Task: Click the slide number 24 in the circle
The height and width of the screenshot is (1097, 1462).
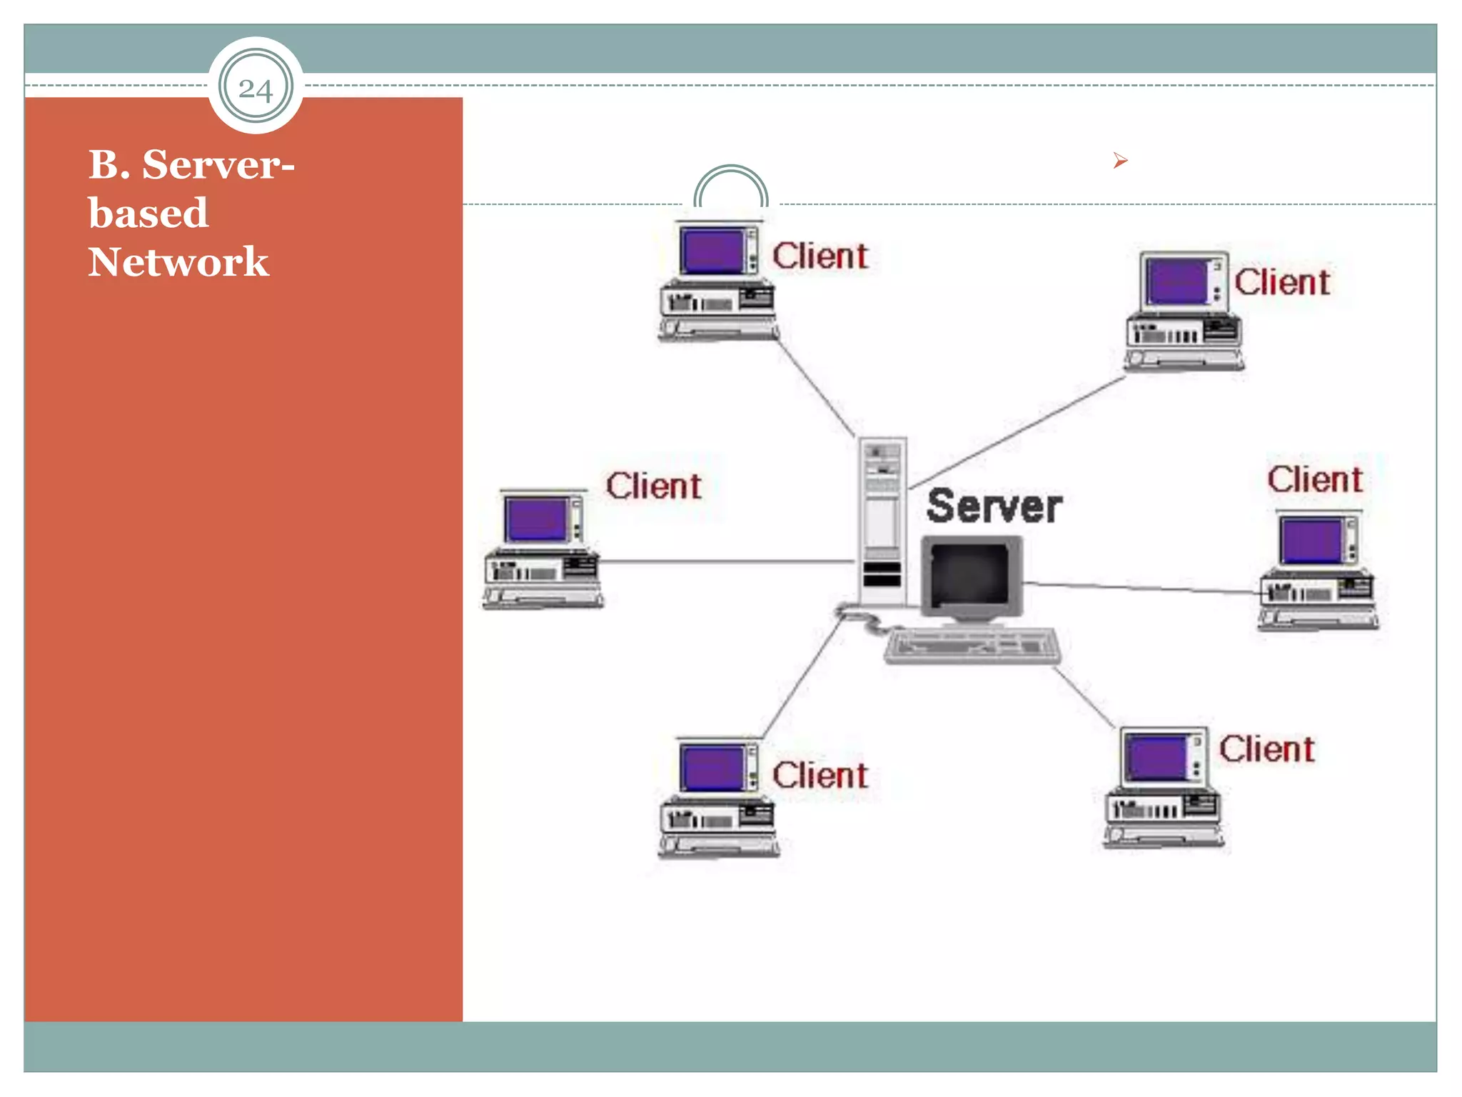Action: coord(256,89)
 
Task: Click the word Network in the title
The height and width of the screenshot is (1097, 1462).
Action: coord(178,261)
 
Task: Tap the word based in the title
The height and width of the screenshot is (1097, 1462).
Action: coord(148,213)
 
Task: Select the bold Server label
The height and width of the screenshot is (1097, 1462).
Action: coord(994,506)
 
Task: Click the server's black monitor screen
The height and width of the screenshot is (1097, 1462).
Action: coord(969,573)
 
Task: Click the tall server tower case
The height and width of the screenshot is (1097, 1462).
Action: coord(882,521)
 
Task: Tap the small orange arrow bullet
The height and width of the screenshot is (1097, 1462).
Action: coord(1120,161)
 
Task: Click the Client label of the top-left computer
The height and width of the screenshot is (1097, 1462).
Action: coord(820,256)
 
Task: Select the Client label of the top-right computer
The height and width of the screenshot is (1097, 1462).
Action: coord(1282,282)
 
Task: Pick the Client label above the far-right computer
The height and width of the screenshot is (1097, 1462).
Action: coord(1315,479)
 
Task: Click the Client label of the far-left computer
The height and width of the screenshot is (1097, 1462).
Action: coord(654,486)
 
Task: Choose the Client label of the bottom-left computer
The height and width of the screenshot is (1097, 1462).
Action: coord(820,775)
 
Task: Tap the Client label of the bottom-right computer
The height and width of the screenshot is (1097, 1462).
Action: coord(1266,749)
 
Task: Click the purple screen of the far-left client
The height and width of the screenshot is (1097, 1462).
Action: coord(535,519)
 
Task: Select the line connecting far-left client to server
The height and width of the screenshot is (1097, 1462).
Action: coord(728,562)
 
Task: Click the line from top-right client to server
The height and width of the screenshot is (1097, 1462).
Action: coord(1017,433)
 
